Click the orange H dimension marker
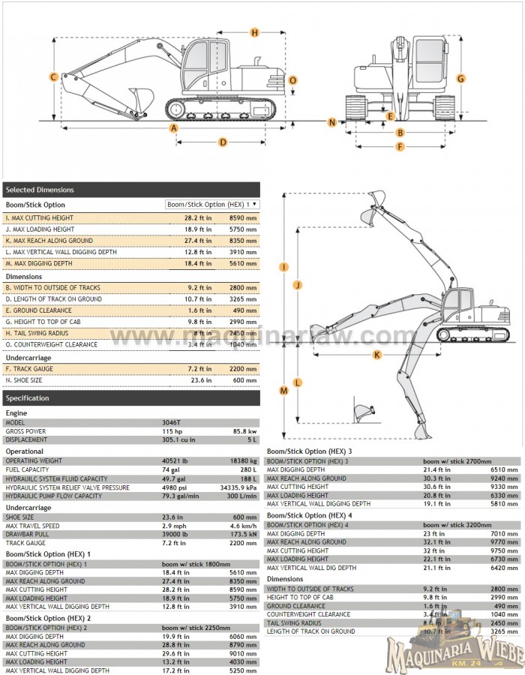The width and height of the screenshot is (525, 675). pyautogui.click(x=255, y=32)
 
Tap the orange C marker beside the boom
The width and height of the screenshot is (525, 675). pyautogui.click(x=54, y=77)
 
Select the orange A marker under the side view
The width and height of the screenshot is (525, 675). pyautogui.click(x=174, y=128)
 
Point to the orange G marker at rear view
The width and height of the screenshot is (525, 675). pyautogui.click(x=461, y=78)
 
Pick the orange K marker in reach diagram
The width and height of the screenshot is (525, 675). pyautogui.click(x=376, y=354)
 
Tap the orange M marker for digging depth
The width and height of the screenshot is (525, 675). pyautogui.click(x=284, y=390)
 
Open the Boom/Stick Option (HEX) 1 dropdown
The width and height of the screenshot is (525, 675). pyautogui.click(x=212, y=204)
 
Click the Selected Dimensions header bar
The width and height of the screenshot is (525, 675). pyautogui.click(x=131, y=190)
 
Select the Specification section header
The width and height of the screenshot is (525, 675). pyautogui.click(x=131, y=398)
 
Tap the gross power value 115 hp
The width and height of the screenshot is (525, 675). pyautogui.click(x=171, y=431)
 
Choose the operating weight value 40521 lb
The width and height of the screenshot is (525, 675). pyautogui.click(x=175, y=460)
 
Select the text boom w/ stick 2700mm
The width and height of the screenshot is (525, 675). pyautogui.click(x=457, y=460)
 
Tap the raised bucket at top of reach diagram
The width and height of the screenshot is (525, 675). pyautogui.click(x=377, y=198)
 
